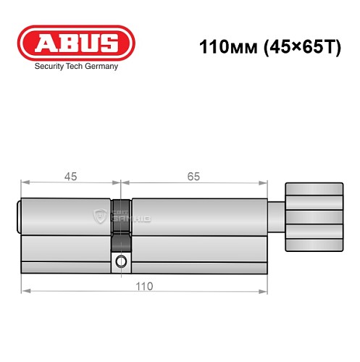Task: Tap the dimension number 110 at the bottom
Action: (144, 286)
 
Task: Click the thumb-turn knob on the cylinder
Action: (313, 216)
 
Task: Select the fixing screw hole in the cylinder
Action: (122, 261)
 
